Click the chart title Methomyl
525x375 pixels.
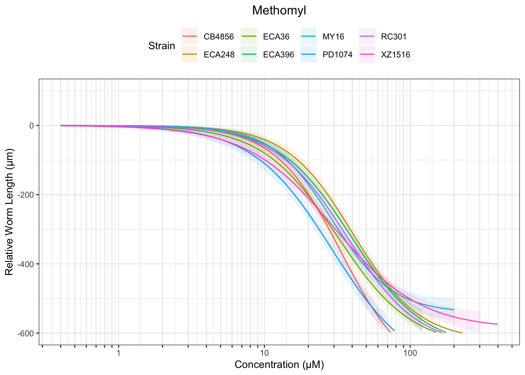click(279, 11)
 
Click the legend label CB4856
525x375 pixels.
click(219, 37)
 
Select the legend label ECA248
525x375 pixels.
click(219, 55)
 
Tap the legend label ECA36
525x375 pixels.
click(276, 37)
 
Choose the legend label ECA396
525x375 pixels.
click(279, 55)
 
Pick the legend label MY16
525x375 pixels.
click(333, 37)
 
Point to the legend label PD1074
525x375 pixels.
click(337, 55)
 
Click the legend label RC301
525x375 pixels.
click(394, 37)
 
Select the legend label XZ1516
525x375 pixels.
click(395, 55)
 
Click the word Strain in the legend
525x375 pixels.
click(162, 46)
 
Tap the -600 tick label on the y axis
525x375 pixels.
click(28, 333)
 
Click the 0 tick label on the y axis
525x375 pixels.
click(32, 126)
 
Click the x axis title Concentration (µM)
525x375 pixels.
click(279, 365)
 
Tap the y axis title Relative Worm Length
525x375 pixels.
click(9, 212)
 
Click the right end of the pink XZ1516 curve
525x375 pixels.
click(498, 324)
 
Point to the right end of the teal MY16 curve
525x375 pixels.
click(454, 310)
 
